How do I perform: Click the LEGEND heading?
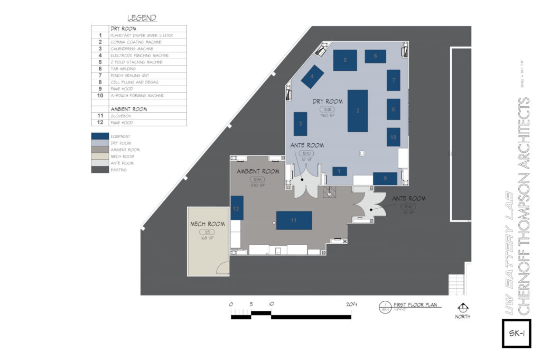[142, 18]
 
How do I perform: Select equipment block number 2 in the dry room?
[358, 110]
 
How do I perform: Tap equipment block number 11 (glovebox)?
[294, 219]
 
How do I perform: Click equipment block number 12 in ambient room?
[237, 208]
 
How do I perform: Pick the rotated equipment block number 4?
[312, 77]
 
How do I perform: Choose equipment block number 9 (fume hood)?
[385, 179]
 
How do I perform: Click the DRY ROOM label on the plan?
[328, 101]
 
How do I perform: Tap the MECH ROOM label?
[208, 224]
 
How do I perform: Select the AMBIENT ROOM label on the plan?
[258, 171]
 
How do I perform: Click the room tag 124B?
[327, 109]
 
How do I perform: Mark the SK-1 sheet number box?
[516, 334]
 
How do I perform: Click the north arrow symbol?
[463, 308]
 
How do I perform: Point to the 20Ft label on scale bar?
[352, 304]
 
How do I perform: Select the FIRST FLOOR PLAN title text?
[417, 305]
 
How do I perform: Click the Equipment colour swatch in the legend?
[100, 136]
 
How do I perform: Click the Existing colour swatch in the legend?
[100, 170]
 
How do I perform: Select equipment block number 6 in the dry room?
[375, 56]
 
